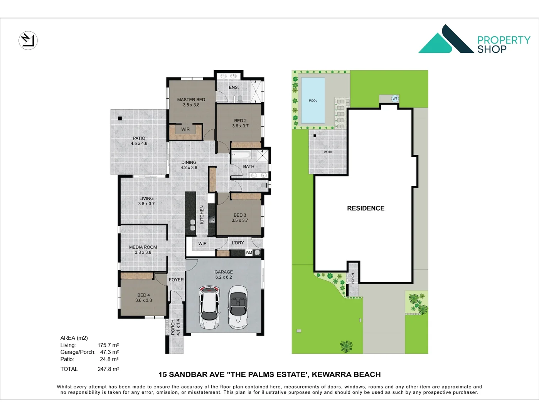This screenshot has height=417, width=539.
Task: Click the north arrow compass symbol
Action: [28, 40]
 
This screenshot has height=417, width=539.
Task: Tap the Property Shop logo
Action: [474, 39]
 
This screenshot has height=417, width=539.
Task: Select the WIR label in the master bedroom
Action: [185, 129]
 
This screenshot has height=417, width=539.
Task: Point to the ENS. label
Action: [234, 87]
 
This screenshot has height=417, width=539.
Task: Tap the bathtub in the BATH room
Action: [241, 155]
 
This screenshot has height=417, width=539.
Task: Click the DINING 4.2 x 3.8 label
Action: [189, 165]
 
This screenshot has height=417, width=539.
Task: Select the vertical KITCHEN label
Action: [202, 215]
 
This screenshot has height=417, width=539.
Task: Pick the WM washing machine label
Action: [249, 253]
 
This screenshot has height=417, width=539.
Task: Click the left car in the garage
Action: [209, 307]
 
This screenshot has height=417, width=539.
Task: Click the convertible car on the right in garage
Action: [238, 307]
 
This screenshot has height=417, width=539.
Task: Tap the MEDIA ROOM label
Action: [143, 249]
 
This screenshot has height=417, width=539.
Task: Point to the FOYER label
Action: [176, 280]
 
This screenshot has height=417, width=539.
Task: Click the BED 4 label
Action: [143, 297]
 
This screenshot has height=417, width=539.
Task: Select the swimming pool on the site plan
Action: [313, 100]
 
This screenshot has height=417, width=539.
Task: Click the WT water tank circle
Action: [395, 98]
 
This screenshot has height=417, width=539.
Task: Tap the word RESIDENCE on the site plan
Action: [366, 208]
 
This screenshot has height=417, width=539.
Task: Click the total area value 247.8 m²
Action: [108, 369]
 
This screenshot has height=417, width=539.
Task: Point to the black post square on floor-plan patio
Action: [120, 119]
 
